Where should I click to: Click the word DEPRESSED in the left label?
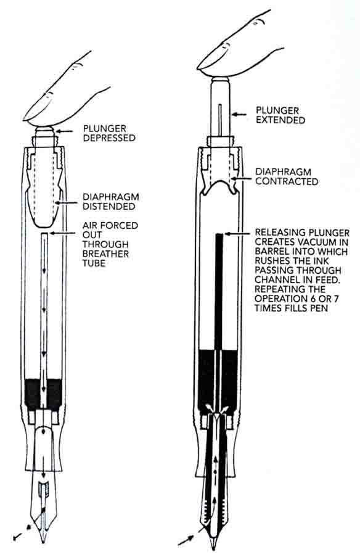(109, 138)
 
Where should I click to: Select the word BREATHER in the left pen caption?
(105, 254)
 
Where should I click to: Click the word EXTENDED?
(280, 120)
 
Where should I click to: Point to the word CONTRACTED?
(287, 181)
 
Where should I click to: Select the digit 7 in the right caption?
(336, 299)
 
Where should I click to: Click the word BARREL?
(271, 252)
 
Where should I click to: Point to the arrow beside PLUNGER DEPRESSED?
(65, 132)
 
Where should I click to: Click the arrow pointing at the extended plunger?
(239, 114)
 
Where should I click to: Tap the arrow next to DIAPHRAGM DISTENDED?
(67, 203)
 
